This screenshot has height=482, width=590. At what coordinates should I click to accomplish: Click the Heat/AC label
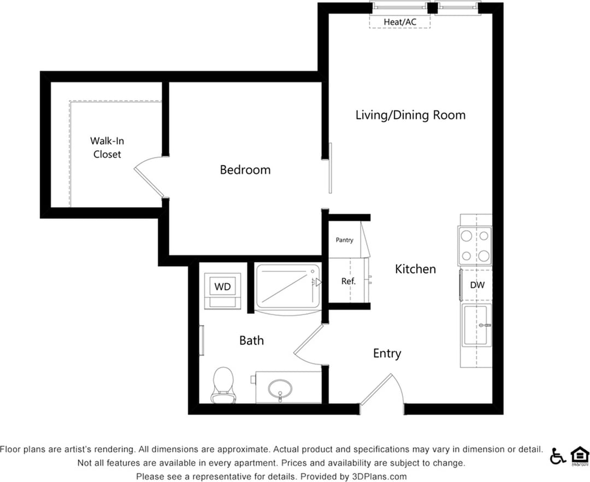pyautogui.click(x=399, y=22)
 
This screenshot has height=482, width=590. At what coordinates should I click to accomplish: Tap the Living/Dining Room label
pyautogui.click(x=410, y=115)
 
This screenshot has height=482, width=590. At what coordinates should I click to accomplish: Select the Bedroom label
pyautogui.click(x=245, y=170)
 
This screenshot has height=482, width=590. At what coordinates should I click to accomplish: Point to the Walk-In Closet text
pyautogui.click(x=107, y=148)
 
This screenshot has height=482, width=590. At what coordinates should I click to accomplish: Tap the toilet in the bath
pyautogui.click(x=222, y=385)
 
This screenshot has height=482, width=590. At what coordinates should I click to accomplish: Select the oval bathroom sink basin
pyautogui.click(x=281, y=389)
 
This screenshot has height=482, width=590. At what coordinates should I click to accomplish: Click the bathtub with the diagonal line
pyautogui.click(x=288, y=286)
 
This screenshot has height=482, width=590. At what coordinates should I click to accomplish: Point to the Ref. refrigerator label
pyautogui.click(x=349, y=281)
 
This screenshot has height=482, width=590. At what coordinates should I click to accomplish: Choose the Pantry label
pyautogui.click(x=344, y=240)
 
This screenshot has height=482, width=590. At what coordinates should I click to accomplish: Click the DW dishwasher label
pyautogui.click(x=477, y=285)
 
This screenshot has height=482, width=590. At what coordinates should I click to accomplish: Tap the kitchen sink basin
pyautogui.click(x=475, y=326)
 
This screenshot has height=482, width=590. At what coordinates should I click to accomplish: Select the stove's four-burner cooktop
pyautogui.click(x=475, y=246)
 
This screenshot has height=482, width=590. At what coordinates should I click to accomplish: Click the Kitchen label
pyautogui.click(x=415, y=269)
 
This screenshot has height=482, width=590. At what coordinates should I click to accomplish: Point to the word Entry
pyautogui.click(x=387, y=354)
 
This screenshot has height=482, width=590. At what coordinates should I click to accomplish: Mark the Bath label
pyautogui.click(x=251, y=340)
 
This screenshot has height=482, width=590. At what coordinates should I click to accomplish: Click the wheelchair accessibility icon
pyautogui.click(x=558, y=456)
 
